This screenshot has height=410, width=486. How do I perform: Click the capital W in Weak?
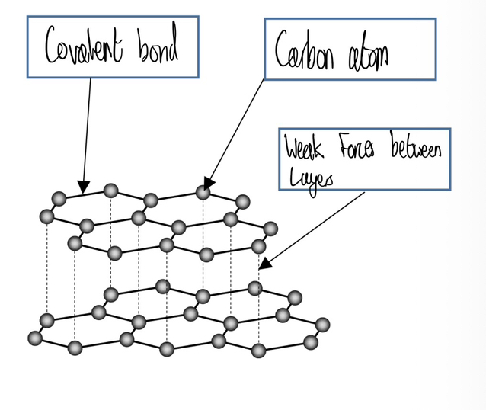pyautogui.click(x=293, y=149)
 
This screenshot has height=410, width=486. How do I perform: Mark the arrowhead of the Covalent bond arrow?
pyautogui.click(x=83, y=186)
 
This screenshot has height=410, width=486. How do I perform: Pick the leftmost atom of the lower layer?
pyautogui.click(x=34, y=337)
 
